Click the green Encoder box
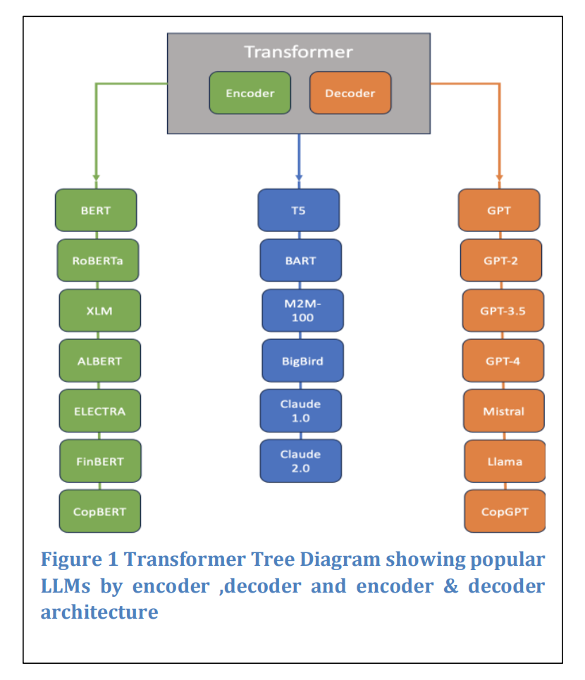(250, 93)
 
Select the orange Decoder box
(350, 93)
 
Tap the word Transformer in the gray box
(298, 52)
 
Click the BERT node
(96, 210)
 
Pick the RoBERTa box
(98, 260)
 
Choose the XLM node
(99, 311)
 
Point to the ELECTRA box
(99, 411)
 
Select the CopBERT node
(100, 512)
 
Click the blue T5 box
(298, 210)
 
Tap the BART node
(300, 260)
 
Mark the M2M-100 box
(302, 311)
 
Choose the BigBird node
(302, 361)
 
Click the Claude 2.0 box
(300, 461)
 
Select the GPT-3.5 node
(503, 311)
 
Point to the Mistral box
(504, 411)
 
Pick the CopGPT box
(505, 512)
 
